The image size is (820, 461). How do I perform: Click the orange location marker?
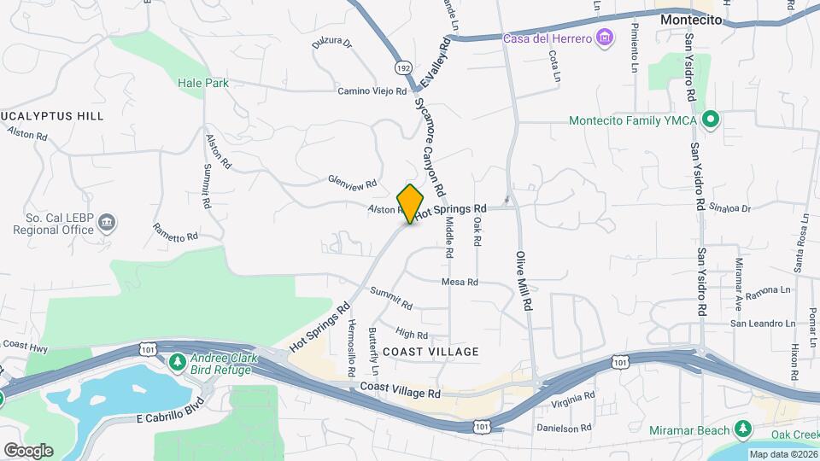(411, 203)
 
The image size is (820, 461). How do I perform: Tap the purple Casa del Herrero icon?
(606, 38)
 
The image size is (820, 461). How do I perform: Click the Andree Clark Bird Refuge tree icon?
(178, 363)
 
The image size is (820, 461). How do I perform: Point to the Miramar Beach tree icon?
(744, 429)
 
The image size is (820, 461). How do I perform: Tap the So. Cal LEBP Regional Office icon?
(108, 224)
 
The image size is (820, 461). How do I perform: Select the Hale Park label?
(203, 84)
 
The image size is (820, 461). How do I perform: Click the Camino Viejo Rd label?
(372, 90)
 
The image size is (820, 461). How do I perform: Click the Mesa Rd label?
(460, 282)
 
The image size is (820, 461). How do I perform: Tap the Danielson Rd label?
(563, 428)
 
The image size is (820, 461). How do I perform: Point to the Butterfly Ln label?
(373, 351)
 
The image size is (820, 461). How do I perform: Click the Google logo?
(28, 450)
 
